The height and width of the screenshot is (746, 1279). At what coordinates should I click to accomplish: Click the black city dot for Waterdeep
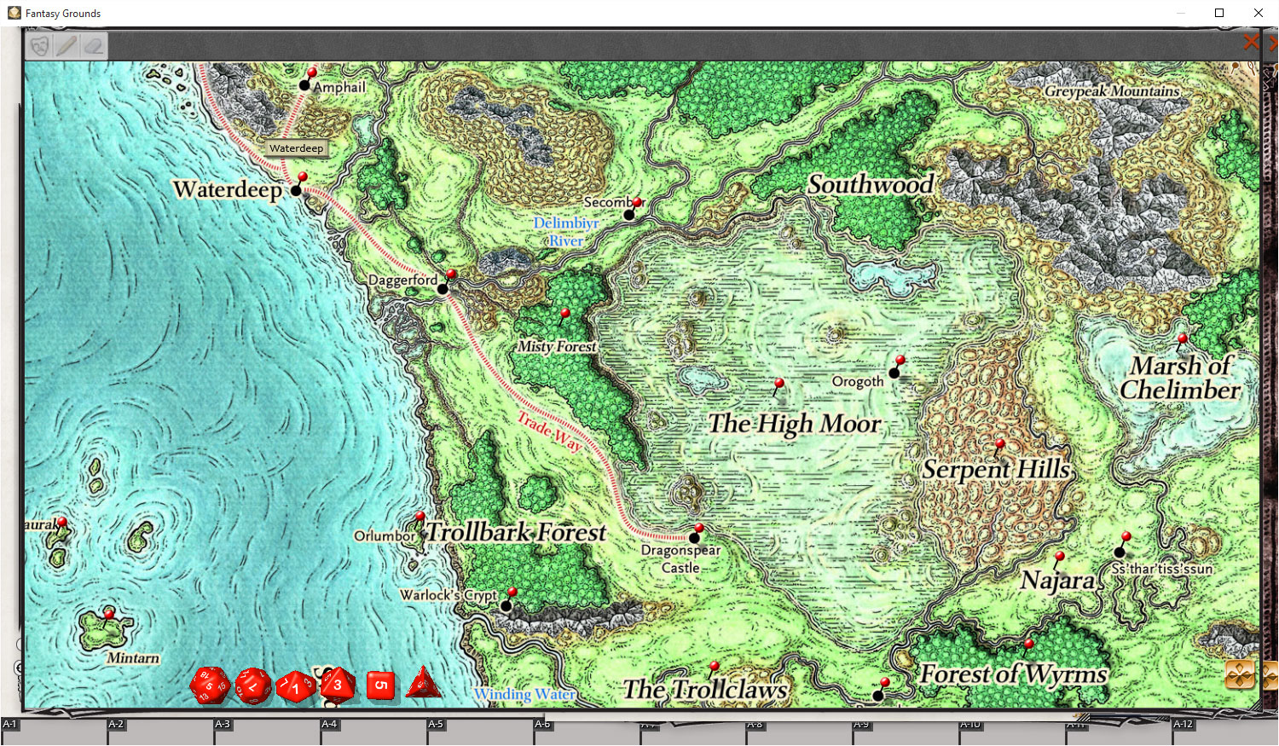click(296, 190)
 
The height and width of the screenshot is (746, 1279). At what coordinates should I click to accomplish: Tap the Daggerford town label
click(402, 280)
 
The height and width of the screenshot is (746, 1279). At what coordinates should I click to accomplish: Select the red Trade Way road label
click(550, 431)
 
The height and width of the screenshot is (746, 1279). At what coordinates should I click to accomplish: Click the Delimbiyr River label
click(566, 232)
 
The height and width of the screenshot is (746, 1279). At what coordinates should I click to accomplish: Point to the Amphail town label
click(339, 87)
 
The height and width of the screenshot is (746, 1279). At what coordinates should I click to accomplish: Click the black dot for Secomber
click(629, 215)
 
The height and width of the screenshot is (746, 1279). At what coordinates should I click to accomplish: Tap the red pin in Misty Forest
click(564, 315)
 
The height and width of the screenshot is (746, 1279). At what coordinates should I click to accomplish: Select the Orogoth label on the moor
click(858, 381)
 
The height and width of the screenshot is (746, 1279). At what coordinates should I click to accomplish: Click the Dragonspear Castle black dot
click(694, 538)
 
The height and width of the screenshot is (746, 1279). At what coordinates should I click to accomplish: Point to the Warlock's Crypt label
click(449, 595)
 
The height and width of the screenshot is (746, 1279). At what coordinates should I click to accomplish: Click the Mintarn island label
click(133, 658)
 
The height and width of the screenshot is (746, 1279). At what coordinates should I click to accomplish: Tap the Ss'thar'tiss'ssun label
click(1162, 569)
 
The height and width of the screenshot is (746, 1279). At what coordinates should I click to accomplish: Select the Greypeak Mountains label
click(1112, 91)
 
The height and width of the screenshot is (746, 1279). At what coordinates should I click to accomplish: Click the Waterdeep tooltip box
click(296, 148)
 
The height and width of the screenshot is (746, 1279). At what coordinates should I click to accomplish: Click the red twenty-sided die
click(209, 685)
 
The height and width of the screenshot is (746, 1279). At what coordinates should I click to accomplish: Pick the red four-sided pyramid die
click(424, 684)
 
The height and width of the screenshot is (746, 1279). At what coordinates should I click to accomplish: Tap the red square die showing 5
click(381, 685)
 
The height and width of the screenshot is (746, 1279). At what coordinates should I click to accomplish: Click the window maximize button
click(1219, 13)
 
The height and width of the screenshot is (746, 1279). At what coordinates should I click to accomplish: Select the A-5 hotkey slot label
click(436, 724)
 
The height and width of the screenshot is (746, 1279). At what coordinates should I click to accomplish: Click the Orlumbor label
click(385, 536)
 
